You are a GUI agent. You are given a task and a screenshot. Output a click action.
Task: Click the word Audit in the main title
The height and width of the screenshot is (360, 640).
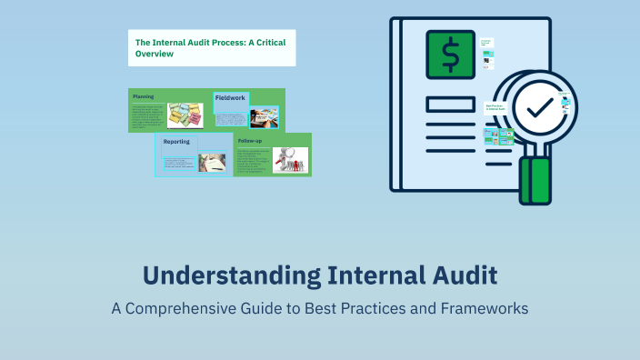(461, 275)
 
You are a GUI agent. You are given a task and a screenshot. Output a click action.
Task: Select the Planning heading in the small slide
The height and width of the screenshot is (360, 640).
(143, 95)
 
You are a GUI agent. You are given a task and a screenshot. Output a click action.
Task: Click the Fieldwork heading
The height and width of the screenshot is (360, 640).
(231, 97)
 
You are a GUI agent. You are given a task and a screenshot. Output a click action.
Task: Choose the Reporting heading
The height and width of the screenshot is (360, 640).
(176, 142)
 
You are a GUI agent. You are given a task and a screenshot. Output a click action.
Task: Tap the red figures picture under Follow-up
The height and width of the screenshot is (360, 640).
(290, 160)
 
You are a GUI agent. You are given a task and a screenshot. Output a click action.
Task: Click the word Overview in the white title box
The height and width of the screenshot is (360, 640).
(155, 54)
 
